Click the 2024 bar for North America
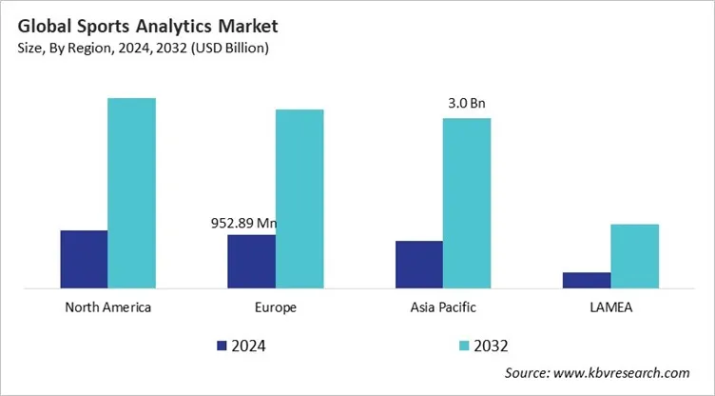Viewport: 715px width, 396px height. pos(84,259)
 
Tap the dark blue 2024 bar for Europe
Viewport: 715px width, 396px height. pos(251,261)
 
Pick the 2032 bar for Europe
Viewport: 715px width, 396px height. pos(300,198)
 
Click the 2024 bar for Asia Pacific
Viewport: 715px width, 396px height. pos(419,264)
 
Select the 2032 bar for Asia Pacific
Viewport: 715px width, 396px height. pos(467,203)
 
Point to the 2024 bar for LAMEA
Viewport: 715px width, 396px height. pos(587,280)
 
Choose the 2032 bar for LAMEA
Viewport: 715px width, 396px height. pos(634,255)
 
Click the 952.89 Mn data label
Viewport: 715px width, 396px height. pos(243,224)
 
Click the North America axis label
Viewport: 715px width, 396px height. pos(107,307)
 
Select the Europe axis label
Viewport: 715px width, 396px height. pos(276,307)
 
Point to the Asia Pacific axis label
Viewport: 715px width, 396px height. pos(443,307)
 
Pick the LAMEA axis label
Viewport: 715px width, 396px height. pos(610,307)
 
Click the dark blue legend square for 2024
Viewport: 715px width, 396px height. pos(222,346)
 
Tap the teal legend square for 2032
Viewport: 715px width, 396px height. pos(463,346)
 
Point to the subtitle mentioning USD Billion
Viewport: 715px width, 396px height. pos(143,48)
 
